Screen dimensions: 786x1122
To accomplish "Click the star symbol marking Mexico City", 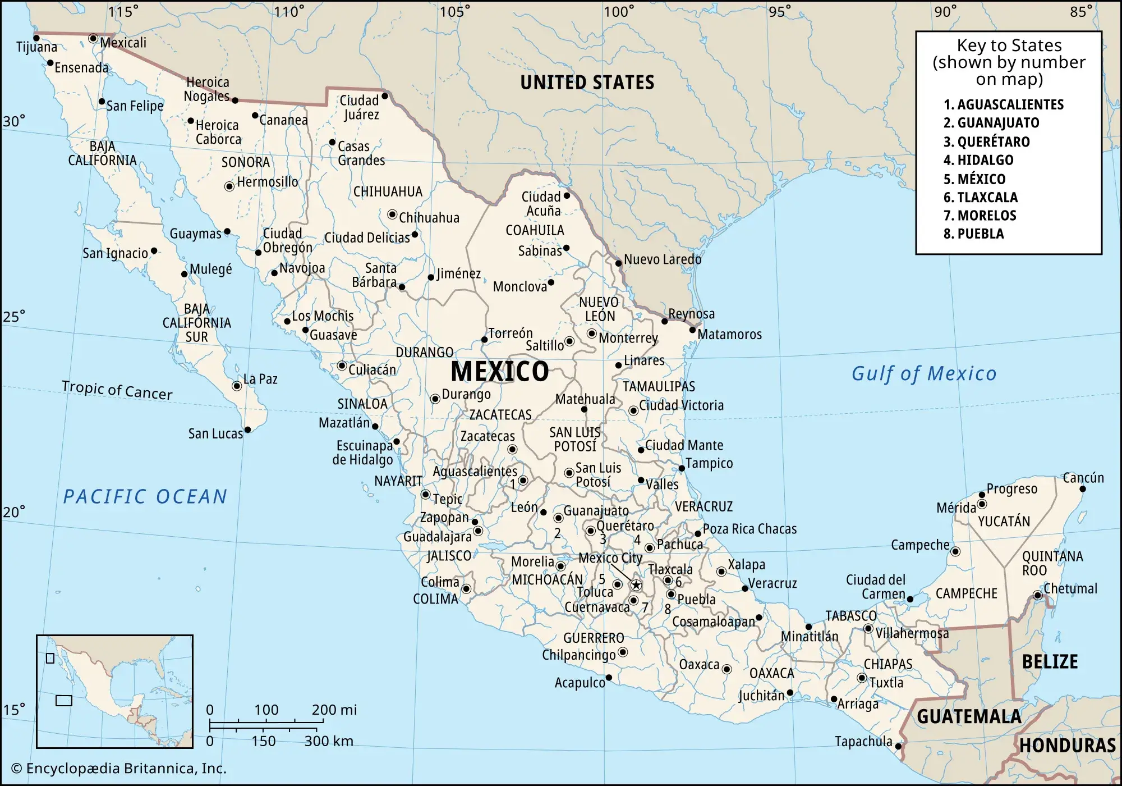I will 636,585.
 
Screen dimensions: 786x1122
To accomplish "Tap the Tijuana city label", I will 36,47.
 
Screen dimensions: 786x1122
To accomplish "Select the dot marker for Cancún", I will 1083,488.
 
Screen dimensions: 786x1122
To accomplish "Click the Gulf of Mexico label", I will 924,373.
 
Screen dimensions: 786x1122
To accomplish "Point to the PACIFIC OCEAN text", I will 145,496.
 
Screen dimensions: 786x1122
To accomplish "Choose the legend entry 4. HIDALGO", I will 978,160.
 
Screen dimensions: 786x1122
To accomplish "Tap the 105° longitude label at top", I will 454,12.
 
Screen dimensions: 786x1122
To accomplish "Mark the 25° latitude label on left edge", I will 14,317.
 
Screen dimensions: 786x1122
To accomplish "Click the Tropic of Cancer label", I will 117,390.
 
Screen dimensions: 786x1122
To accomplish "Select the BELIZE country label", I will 1050,662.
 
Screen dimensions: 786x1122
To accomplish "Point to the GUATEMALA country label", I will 969,717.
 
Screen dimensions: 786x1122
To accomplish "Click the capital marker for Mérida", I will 982,504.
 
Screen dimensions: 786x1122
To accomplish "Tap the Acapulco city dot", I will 609,678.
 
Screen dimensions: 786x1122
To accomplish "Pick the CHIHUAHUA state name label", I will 388,191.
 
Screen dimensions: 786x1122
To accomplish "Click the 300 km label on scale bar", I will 329,741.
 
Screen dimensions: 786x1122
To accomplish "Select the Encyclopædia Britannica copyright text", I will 119,769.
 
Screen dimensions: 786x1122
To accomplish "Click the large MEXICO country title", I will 500,371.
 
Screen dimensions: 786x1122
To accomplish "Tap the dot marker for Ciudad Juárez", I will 385,96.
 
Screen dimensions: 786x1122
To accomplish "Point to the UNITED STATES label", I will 587,83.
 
